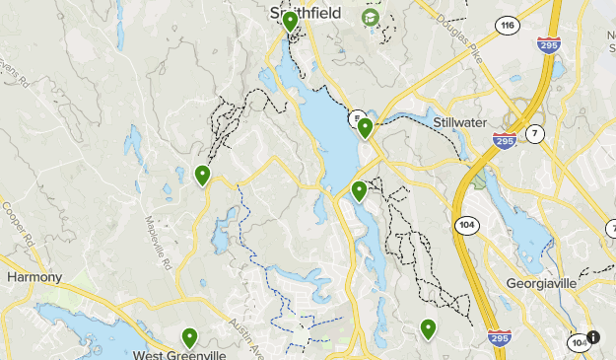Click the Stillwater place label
click(x=461, y=121)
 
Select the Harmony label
click(x=34, y=277)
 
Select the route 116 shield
click(x=508, y=27)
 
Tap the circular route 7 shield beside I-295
click(x=535, y=133)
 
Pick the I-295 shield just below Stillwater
click(x=506, y=141)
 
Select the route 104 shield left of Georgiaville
click(x=466, y=225)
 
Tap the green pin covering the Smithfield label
click(x=290, y=22)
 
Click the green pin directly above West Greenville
click(x=189, y=337)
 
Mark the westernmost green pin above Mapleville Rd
click(x=202, y=176)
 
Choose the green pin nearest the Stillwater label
click(x=365, y=127)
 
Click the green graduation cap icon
click(x=371, y=18)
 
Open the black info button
click(x=593, y=336)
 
